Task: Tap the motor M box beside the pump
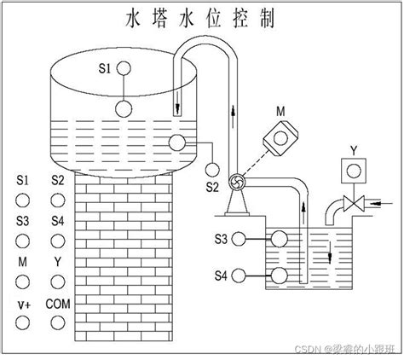pos(280,138)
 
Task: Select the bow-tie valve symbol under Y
pos(354,203)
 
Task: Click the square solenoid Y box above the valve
pos(354,171)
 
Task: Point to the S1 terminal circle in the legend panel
pos(22,200)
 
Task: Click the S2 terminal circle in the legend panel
pos(58,200)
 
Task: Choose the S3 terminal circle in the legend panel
pos(22,241)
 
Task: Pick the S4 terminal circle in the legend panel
pos(58,241)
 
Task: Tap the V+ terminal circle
pos(22,322)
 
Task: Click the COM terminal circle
pos(58,322)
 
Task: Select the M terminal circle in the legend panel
pos(22,282)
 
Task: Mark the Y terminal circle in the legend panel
pos(58,282)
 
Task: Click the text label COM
pos(58,304)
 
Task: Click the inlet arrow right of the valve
pos(382,203)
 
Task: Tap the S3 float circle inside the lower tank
pos(280,239)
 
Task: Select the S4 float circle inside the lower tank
pos(280,276)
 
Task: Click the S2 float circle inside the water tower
pos(177,142)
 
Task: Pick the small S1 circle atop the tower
pos(124,68)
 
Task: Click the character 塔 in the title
pos(159,19)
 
